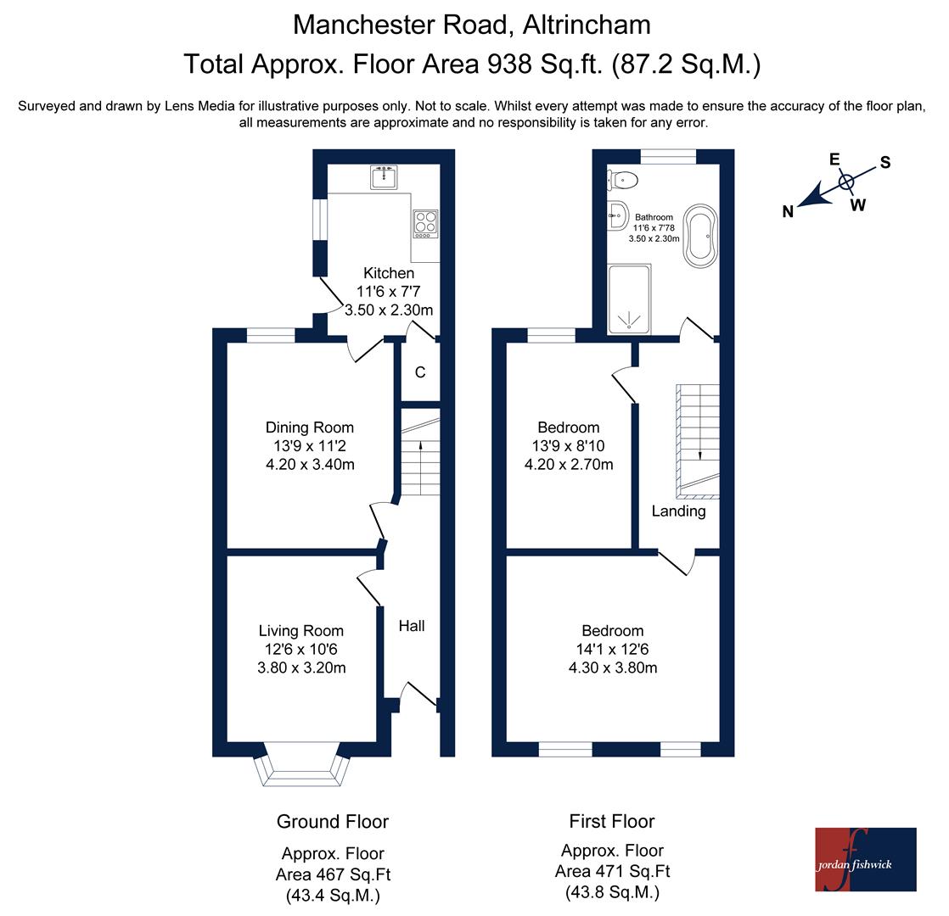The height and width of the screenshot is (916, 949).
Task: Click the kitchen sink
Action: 384,177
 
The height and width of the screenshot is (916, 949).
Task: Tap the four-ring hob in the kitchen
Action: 425,224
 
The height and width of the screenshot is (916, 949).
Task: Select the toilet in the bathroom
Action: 622,180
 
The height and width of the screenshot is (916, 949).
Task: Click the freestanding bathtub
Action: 700,236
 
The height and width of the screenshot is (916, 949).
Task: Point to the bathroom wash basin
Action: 617,215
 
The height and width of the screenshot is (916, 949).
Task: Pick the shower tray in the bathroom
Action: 629,299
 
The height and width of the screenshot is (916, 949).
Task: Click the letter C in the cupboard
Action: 420,371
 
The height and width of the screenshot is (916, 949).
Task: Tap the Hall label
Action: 412,626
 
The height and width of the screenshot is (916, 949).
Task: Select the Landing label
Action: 678,511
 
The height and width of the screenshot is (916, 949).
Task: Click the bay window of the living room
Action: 302,770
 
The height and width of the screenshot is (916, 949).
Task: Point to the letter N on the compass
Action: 788,212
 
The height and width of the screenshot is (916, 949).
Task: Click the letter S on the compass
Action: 884,162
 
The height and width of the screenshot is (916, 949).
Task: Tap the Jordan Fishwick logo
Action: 866,859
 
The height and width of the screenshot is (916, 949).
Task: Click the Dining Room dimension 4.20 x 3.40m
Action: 310,464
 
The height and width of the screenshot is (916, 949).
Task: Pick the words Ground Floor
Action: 332,822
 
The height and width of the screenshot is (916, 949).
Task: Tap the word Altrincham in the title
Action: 587,25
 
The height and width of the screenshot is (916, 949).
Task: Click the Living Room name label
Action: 300,631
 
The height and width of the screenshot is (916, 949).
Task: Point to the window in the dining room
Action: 271,336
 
